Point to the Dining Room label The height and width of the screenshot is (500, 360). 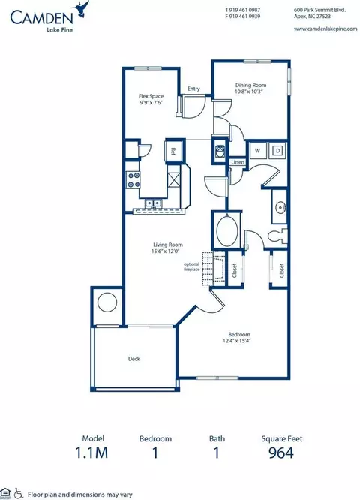click(x=252, y=86)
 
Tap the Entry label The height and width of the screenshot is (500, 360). click(x=193, y=89)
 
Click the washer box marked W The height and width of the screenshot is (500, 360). click(x=258, y=150)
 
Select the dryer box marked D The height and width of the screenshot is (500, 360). click(x=277, y=150)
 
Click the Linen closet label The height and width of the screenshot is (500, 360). click(x=237, y=162)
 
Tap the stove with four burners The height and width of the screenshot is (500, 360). click(x=134, y=180)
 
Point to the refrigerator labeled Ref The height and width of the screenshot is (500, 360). click(x=173, y=151)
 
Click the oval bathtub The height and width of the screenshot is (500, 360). click(x=225, y=230)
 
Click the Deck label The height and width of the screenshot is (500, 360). click(x=134, y=359)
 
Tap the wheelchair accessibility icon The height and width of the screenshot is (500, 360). click(x=19, y=492)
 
